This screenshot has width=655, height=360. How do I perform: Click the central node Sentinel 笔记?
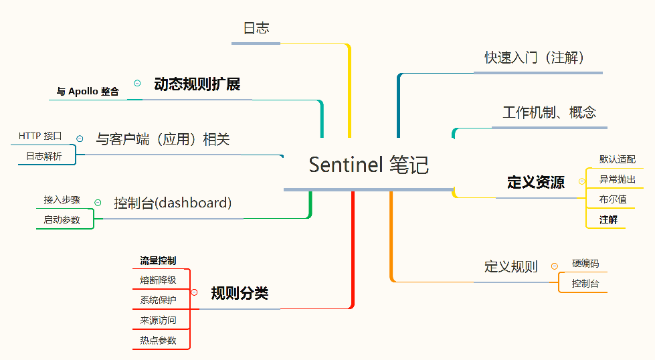tap(369, 165)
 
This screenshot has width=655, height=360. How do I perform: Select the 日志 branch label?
tap(256, 28)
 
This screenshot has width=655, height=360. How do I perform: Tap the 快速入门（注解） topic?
tap(535, 58)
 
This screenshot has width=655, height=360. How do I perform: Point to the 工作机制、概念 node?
tap(549, 112)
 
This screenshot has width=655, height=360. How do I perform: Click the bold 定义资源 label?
tap(536, 182)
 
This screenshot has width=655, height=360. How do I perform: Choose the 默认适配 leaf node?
tap(617, 159)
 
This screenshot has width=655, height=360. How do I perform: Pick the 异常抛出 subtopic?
tap(617, 179)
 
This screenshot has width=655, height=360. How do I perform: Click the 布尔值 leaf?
tap(613, 199)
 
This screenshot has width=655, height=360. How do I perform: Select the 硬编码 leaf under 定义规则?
tap(585, 263)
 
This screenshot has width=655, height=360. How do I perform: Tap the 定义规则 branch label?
tap(510, 267)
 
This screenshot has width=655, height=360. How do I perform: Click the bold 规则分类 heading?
tap(240, 293)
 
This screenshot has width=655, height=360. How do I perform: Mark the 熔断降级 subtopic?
tap(158, 280)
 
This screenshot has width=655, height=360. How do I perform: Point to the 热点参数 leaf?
tap(158, 340)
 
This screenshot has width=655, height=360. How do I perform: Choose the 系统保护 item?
tap(158, 300)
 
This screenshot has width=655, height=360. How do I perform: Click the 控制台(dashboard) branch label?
tap(173, 203)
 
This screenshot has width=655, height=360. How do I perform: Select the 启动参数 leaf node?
tap(62, 219)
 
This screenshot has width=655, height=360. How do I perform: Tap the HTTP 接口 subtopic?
tap(40, 136)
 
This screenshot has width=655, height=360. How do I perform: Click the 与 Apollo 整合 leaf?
tap(88, 92)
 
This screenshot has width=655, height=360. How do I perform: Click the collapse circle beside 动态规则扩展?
tap(137, 83)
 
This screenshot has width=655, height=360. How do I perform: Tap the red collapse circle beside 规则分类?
tap(194, 292)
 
